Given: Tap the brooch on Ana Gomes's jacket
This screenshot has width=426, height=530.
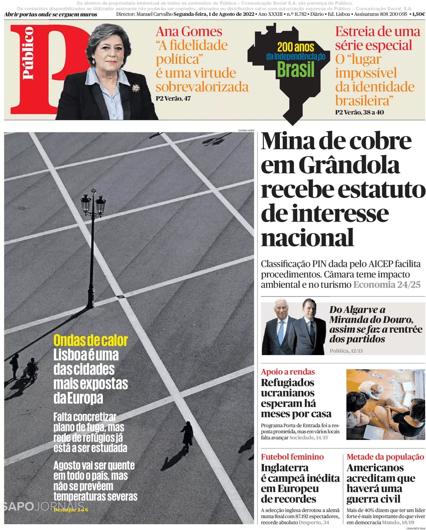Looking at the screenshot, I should (136, 88).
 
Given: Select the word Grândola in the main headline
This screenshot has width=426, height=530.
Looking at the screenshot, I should (349, 166).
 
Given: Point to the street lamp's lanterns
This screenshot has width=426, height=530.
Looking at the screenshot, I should (93, 203).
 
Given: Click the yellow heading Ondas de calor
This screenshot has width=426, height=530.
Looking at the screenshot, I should (91, 341).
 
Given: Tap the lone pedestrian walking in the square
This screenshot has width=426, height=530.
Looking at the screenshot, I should (187, 435).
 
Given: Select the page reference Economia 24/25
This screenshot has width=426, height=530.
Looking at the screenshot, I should (387, 284).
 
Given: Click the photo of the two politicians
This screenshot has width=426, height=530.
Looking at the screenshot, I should (293, 328).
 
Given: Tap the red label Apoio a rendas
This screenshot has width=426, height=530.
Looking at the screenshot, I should (288, 371).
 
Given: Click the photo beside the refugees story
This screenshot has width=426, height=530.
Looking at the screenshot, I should (385, 404).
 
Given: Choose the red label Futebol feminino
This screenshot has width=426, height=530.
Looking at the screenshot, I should (292, 457).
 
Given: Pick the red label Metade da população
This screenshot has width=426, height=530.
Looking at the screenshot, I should (385, 457).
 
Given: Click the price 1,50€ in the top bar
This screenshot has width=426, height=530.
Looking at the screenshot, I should (417, 14).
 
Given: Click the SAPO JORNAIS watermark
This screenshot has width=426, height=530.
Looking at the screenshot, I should (42, 506).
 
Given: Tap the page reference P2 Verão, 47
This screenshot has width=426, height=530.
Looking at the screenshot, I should (173, 98).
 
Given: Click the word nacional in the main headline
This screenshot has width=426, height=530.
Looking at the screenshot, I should (308, 237).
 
